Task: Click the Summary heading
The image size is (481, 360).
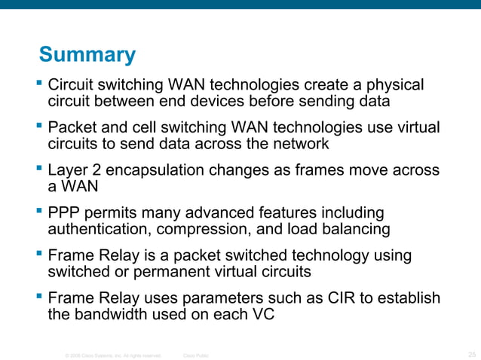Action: pyautogui.click(x=87, y=55)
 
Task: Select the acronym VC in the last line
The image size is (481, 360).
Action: pyautogui.click(x=261, y=315)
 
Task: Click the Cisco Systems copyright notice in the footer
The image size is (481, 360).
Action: pyautogui.click(x=113, y=353)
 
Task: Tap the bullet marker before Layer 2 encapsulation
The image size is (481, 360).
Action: pyautogui.click(x=40, y=169)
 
